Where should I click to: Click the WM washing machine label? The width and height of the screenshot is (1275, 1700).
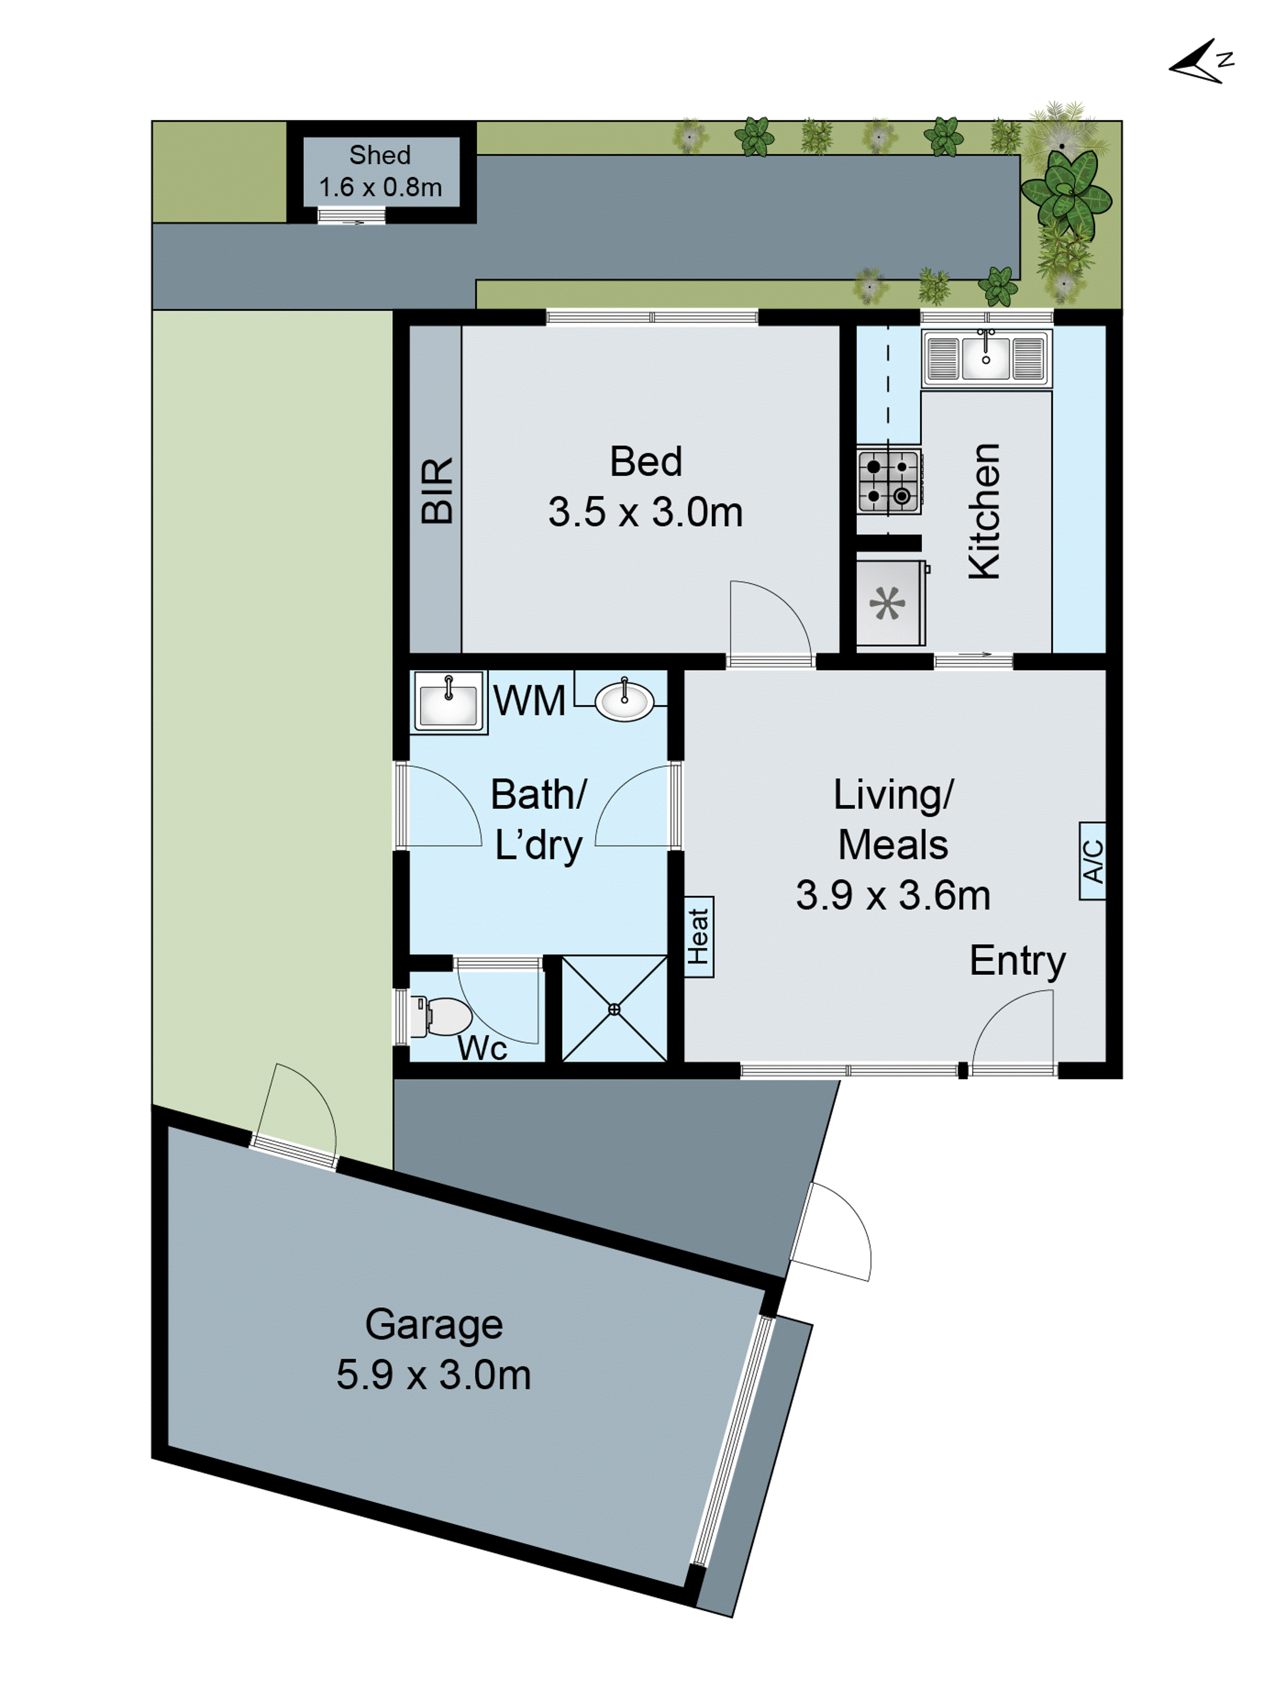click(530, 701)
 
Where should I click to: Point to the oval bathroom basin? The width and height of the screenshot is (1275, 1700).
click(624, 701)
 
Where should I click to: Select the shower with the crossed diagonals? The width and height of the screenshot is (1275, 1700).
click(614, 1009)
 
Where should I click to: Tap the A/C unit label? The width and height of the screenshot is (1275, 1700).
click(1092, 861)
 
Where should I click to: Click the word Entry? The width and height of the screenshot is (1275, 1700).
click(1017, 961)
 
